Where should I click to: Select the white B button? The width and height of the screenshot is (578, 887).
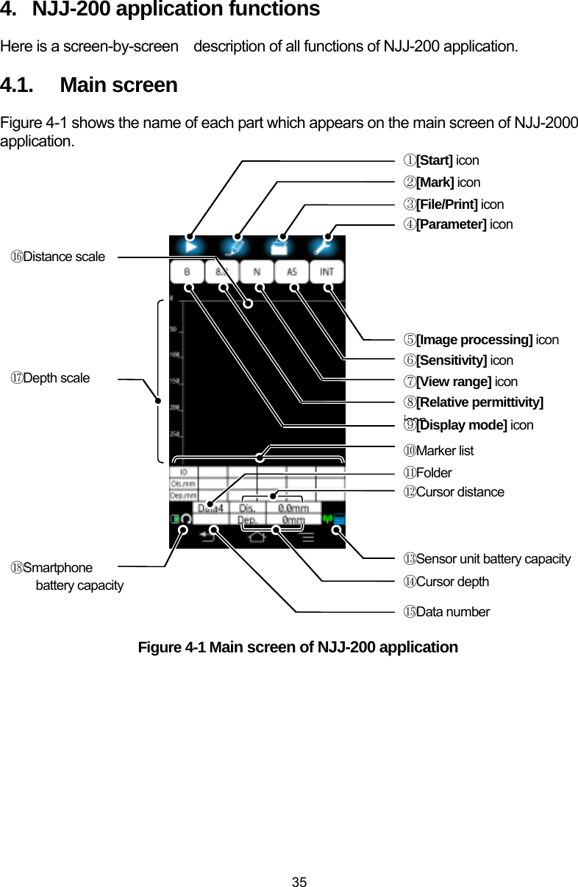[x=188, y=272]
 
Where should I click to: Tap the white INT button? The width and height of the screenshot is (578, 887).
[x=327, y=272]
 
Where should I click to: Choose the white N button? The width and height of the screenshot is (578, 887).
[x=257, y=272]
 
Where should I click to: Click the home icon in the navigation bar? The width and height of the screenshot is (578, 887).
[x=257, y=537]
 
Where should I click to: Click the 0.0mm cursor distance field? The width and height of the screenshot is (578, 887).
[x=293, y=507]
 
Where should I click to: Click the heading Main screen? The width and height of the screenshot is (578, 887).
[x=118, y=85]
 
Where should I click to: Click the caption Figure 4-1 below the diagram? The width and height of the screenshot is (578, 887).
[x=298, y=647]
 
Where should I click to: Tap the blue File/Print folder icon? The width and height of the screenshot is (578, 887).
[x=279, y=247]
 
